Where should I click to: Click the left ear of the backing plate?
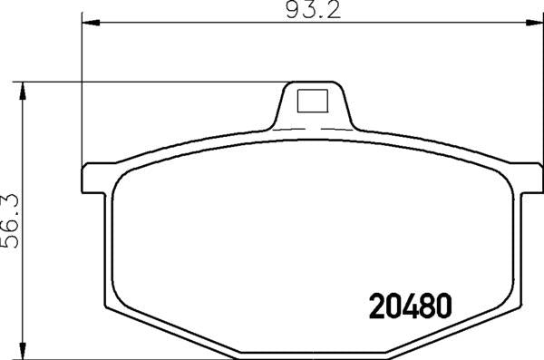[x=96, y=178]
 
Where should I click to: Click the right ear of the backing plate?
[x=525, y=178]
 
